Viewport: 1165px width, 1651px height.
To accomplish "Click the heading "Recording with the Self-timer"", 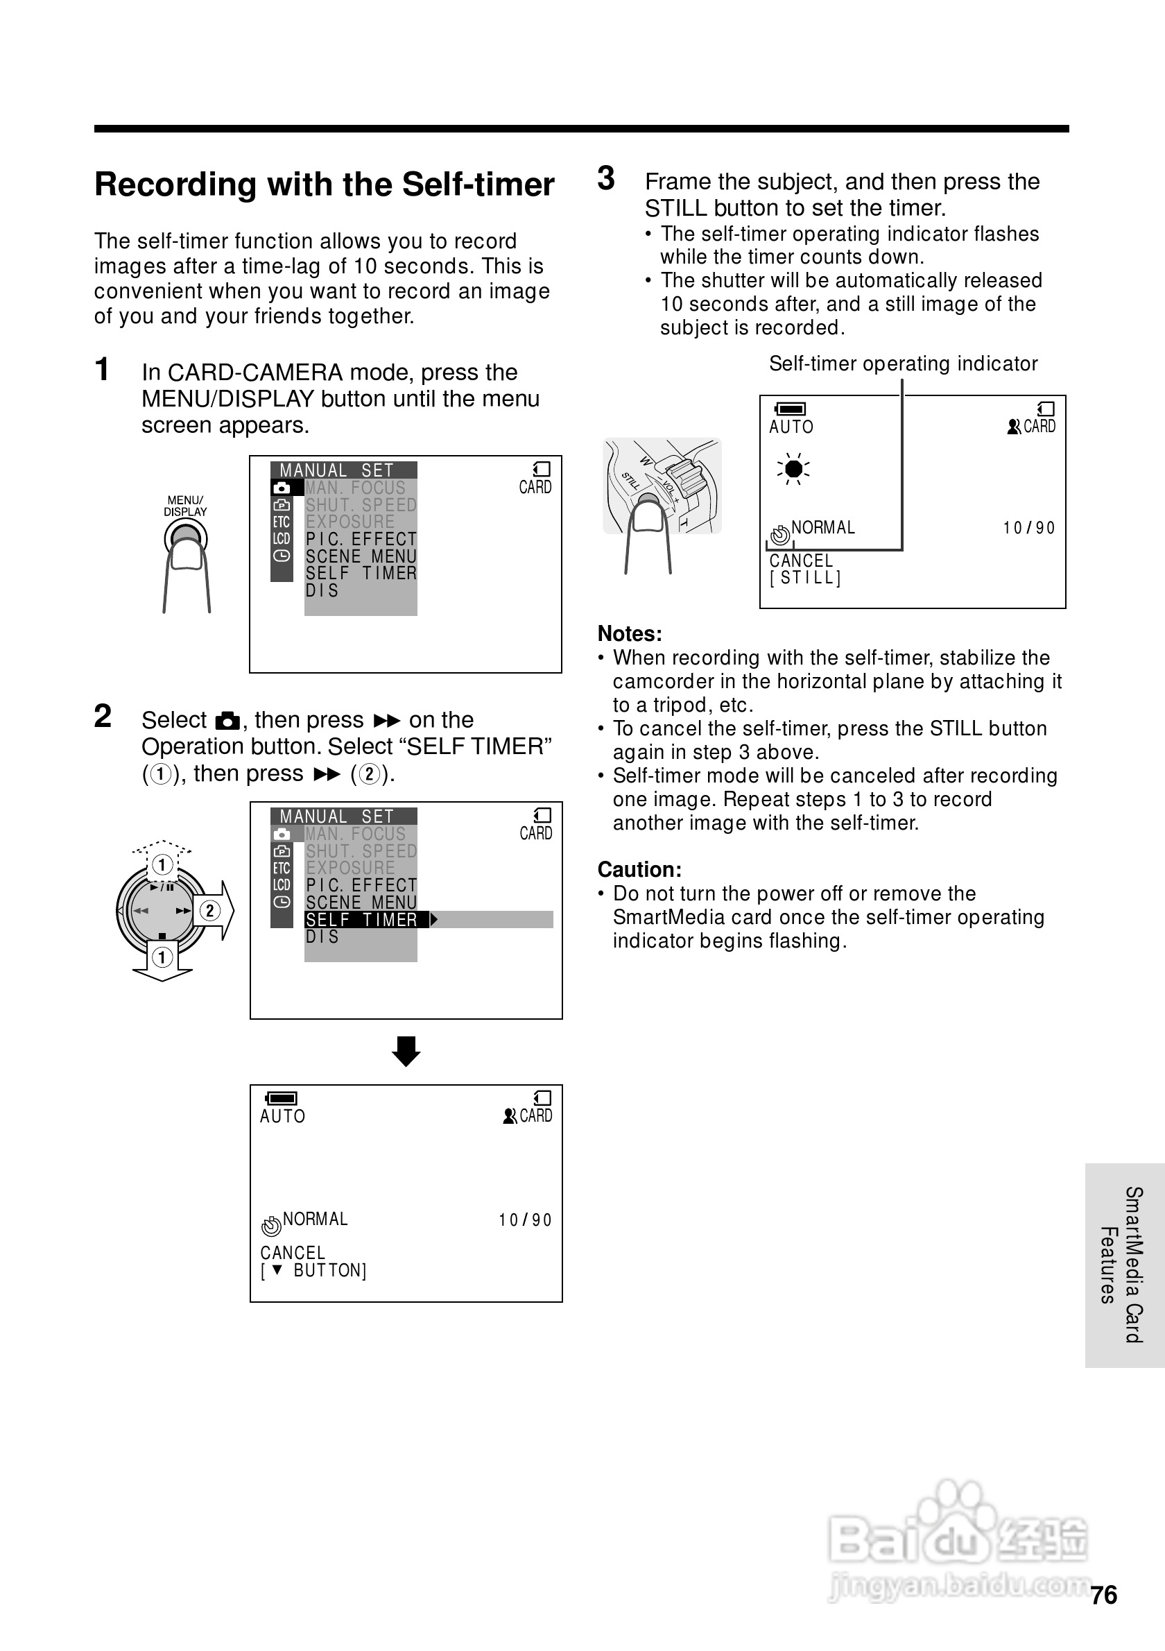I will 324,184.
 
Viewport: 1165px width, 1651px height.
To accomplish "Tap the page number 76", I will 1103,1595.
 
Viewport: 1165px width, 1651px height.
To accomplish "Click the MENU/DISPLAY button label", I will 184,506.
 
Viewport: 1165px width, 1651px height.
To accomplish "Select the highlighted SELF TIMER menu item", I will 361,920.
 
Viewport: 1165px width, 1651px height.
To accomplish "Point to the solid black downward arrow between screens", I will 406,1051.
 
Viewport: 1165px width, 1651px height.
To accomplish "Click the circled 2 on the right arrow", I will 209,911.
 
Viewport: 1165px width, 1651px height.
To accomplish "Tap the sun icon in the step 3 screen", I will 793,470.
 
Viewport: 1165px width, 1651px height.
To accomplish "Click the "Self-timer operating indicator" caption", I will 903,364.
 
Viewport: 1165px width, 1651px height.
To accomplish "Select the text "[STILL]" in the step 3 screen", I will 805,578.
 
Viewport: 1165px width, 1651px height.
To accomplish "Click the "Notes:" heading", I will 630,633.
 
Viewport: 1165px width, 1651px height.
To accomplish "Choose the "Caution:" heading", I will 639,869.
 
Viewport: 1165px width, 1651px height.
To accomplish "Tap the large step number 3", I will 606,178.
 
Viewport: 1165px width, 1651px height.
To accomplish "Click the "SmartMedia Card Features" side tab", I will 1123,1265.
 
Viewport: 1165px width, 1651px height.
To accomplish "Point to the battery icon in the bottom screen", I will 281,1098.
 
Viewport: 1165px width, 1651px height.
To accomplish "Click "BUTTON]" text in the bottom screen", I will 330,1271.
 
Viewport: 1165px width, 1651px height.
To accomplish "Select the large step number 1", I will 102,370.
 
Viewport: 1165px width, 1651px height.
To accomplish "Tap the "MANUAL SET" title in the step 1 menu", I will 336,470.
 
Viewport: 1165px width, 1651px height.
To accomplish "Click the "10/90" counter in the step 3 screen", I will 1028,529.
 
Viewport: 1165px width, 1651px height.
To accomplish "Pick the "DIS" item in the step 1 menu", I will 322,590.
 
